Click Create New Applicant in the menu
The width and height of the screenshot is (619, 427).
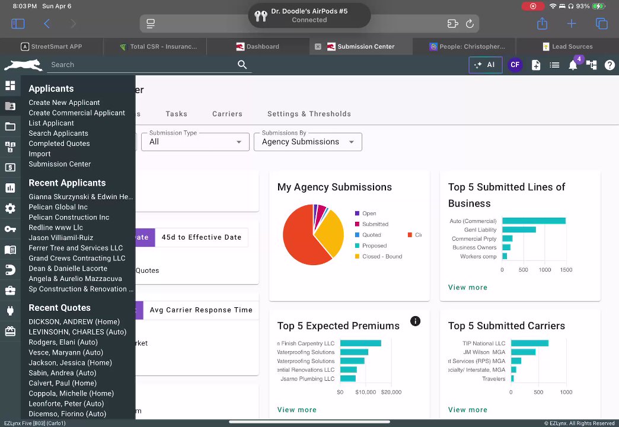(64, 103)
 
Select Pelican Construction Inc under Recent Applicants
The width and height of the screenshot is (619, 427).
(69, 217)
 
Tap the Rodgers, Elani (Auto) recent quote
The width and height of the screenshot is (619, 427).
(63, 342)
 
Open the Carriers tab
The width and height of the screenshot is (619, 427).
(227, 114)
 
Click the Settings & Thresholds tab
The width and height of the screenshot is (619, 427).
(309, 114)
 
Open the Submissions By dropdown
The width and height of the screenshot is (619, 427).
(308, 142)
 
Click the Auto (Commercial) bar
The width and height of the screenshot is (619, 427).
(534, 221)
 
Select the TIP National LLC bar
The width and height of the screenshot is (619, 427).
(529, 343)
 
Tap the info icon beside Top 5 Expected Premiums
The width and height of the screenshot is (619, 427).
(416, 321)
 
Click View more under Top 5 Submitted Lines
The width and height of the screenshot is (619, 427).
(468, 288)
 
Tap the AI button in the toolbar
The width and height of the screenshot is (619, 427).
(485, 65)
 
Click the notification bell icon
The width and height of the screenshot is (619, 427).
(573, 65)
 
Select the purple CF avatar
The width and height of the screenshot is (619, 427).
(515, 65)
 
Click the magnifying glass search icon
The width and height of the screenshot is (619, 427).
(242, 65)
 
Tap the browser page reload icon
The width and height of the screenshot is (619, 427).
(470, 24)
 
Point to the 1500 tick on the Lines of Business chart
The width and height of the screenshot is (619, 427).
(566, 270)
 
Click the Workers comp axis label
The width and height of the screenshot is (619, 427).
(478, 256)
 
